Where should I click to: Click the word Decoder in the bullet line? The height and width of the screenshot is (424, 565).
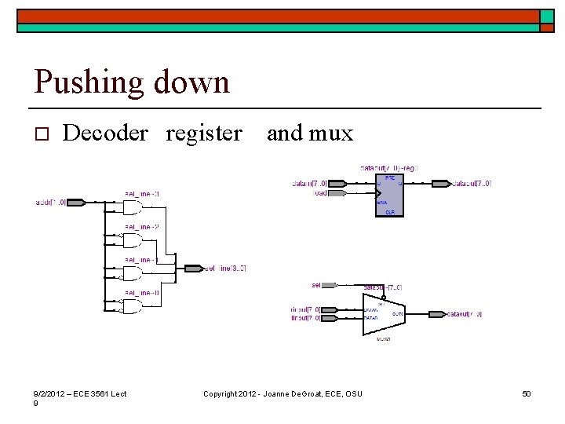105,133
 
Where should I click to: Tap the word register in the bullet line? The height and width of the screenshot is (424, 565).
204,134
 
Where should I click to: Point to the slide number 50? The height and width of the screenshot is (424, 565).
527,393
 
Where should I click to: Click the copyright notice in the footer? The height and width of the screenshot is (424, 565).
282,393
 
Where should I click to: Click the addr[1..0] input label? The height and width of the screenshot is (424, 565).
50,203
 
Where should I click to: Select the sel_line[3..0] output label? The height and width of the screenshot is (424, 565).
226,269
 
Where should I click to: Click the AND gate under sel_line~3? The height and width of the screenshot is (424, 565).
132,207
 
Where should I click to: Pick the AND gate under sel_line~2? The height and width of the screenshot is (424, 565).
132,240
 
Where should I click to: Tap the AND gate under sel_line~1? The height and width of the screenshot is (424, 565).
132,273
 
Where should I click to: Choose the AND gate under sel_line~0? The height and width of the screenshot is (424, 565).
132,305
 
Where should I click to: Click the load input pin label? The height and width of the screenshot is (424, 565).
321,193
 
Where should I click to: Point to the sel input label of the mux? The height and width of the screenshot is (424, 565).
316,285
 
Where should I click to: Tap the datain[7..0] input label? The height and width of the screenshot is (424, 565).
311,184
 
